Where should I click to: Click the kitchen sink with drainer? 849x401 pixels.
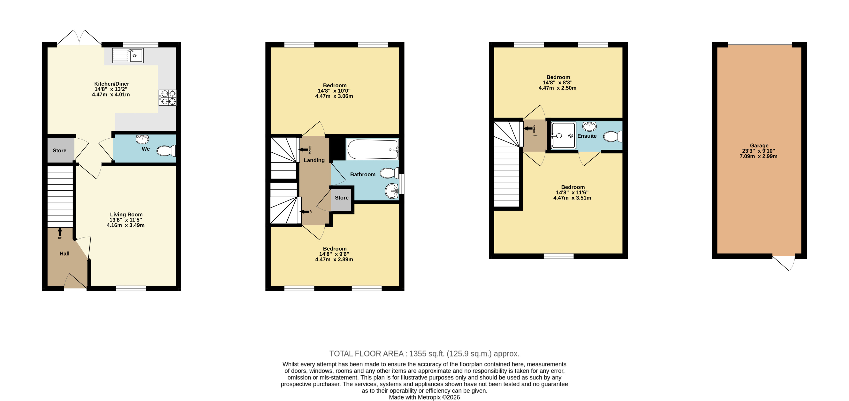coord(128,55)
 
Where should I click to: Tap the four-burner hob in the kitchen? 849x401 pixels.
coord(168,98)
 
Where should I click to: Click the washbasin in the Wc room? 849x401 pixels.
coord(142,139)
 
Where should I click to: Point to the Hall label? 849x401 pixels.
coord(65,253)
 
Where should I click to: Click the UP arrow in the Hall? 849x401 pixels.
coord(60,232)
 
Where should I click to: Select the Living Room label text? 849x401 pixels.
coord(126,214)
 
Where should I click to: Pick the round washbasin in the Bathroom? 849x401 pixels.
coord(392,191)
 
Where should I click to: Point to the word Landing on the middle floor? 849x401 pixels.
coord(314,160)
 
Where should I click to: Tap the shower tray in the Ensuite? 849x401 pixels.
coord(564,135)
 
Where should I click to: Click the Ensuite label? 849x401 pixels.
coord(587,136)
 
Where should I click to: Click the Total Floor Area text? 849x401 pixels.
coord(424,354)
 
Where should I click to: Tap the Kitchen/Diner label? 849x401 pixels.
coord(112,84)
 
